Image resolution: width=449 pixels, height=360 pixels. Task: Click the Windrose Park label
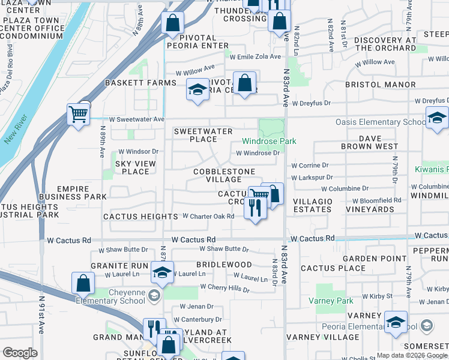269,142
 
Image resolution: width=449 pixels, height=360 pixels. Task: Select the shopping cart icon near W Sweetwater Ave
79,114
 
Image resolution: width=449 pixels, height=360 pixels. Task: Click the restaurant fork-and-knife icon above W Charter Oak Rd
255,208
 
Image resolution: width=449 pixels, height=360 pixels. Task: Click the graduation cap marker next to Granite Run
161,272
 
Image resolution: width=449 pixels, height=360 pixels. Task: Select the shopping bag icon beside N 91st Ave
83,283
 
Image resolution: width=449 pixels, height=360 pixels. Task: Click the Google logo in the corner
20,353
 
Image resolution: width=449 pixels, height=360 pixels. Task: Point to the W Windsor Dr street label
138,152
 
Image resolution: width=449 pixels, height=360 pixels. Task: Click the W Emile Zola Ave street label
255,57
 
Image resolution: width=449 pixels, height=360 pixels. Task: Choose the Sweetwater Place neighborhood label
195,135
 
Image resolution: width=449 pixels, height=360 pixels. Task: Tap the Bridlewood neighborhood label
224,265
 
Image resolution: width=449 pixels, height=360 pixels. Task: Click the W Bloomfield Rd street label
377,200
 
